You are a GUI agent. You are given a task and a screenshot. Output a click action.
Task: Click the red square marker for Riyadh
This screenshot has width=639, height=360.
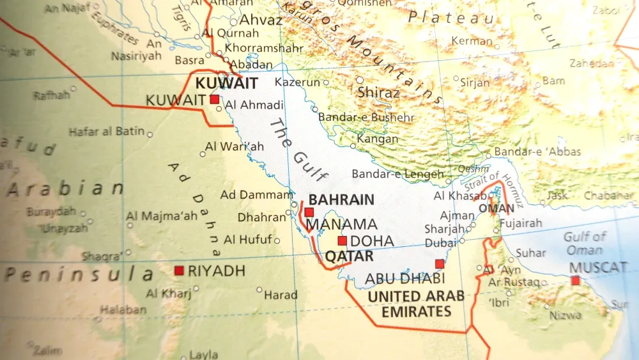coord(179,270)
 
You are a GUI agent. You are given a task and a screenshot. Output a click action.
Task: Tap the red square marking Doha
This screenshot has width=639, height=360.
coord(343,241)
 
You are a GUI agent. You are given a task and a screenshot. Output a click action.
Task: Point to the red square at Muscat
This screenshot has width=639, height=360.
coord(576,280)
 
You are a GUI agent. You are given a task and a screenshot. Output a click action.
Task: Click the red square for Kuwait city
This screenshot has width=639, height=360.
coord(214,100)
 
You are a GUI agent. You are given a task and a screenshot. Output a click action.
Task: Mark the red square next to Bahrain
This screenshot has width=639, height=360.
coord(309,212)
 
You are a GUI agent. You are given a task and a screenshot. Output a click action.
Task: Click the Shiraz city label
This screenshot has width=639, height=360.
coord(378,93)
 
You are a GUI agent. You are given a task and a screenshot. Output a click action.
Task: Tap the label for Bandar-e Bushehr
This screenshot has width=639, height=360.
coord(366,117)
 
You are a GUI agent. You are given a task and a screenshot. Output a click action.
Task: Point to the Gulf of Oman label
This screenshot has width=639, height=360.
coord(584,244)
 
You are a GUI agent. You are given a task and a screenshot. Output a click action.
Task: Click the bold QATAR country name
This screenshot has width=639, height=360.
coord(349,256)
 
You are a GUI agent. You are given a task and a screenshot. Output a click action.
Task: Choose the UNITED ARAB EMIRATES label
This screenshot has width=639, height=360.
coord(415,304)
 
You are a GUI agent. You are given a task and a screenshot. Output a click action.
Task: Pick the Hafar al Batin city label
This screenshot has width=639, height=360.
coord(107,132)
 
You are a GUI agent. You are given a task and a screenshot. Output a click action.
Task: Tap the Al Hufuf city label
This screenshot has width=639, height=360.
coord(248,240)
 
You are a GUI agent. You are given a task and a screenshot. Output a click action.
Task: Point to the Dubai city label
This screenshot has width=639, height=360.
coord(441,243)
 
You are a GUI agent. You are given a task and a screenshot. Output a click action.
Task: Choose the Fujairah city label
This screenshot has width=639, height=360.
coord(520,223)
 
